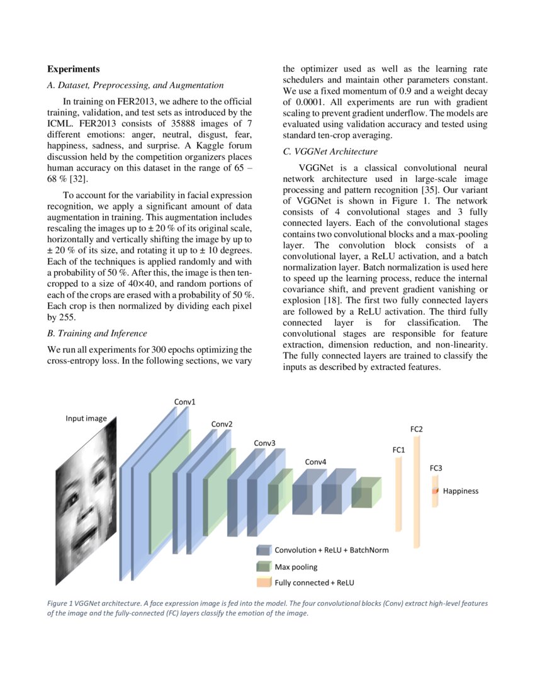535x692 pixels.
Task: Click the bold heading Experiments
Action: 74,69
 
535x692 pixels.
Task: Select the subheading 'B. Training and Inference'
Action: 97,333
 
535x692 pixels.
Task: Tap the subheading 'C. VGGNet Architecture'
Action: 330,152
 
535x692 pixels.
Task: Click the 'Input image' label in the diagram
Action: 86,418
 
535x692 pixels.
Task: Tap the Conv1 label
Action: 184,401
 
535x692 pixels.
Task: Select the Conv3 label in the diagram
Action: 264,443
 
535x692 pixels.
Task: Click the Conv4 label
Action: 315,462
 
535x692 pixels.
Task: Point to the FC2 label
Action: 416,429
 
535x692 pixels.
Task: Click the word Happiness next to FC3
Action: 460,491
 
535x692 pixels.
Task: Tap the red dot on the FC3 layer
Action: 434,491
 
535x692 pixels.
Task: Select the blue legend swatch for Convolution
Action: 263,550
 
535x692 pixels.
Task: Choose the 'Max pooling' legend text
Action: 296,567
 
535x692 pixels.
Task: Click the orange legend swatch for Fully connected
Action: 263,583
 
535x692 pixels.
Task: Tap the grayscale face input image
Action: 86,503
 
